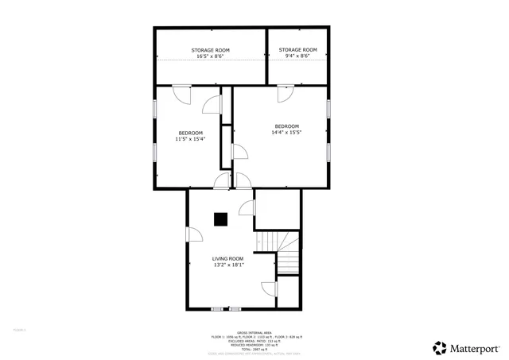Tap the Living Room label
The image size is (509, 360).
[x=227, y=258]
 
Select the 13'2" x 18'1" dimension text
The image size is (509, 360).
[x=227, y=265]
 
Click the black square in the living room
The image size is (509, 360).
[x=221, y=218]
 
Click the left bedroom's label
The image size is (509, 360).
[x=190, y=133]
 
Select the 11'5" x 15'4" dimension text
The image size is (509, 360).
[x=190, y=139]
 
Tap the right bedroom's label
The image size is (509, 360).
[x=286, y=126]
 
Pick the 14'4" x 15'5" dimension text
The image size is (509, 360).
[x=286, y=133]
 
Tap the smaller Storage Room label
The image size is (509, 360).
[x=298, y=49]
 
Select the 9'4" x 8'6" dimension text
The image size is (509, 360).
[x=298, y=56]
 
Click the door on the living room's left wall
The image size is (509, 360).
[x=194, y=234]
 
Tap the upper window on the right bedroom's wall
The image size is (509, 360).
[x=328, y=109]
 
